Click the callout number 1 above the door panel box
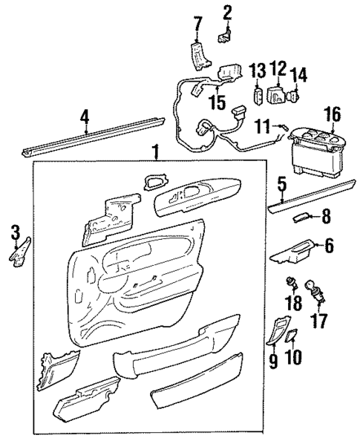point(156,152)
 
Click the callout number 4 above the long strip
point(85,116)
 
